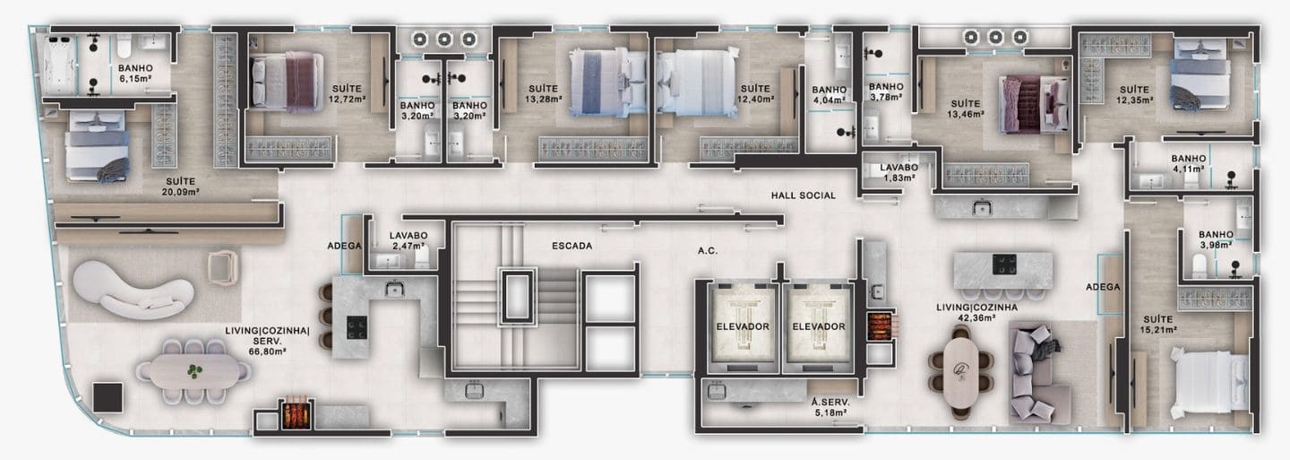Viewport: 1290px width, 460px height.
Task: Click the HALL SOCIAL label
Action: point(803,196)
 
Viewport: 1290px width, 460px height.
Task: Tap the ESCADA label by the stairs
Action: point(572,246)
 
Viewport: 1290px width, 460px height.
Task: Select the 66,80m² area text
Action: point(267,351)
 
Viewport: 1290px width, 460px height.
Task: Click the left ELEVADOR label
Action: point(743,326)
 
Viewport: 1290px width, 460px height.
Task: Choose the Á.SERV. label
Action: point(830,403)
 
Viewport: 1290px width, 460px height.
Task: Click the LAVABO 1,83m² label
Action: point(899,172)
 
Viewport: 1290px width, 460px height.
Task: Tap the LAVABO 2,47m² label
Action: point(408,241)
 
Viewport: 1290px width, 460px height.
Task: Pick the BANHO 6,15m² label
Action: point(135,73)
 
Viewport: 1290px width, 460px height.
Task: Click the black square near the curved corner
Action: point(107,397)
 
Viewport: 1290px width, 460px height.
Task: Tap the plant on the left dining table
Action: point(194,371)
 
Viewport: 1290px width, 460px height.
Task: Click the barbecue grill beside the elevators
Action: point(879,326)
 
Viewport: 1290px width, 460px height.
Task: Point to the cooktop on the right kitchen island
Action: point(1003,264)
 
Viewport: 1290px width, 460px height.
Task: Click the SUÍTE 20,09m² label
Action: point(180,187)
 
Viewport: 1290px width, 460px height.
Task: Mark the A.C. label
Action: point(707,251)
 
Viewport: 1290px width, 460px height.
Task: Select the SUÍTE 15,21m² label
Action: point(1157,325)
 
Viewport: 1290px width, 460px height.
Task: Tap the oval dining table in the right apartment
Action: point(960,372)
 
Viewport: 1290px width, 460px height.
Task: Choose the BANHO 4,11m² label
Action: point(1188,164)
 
